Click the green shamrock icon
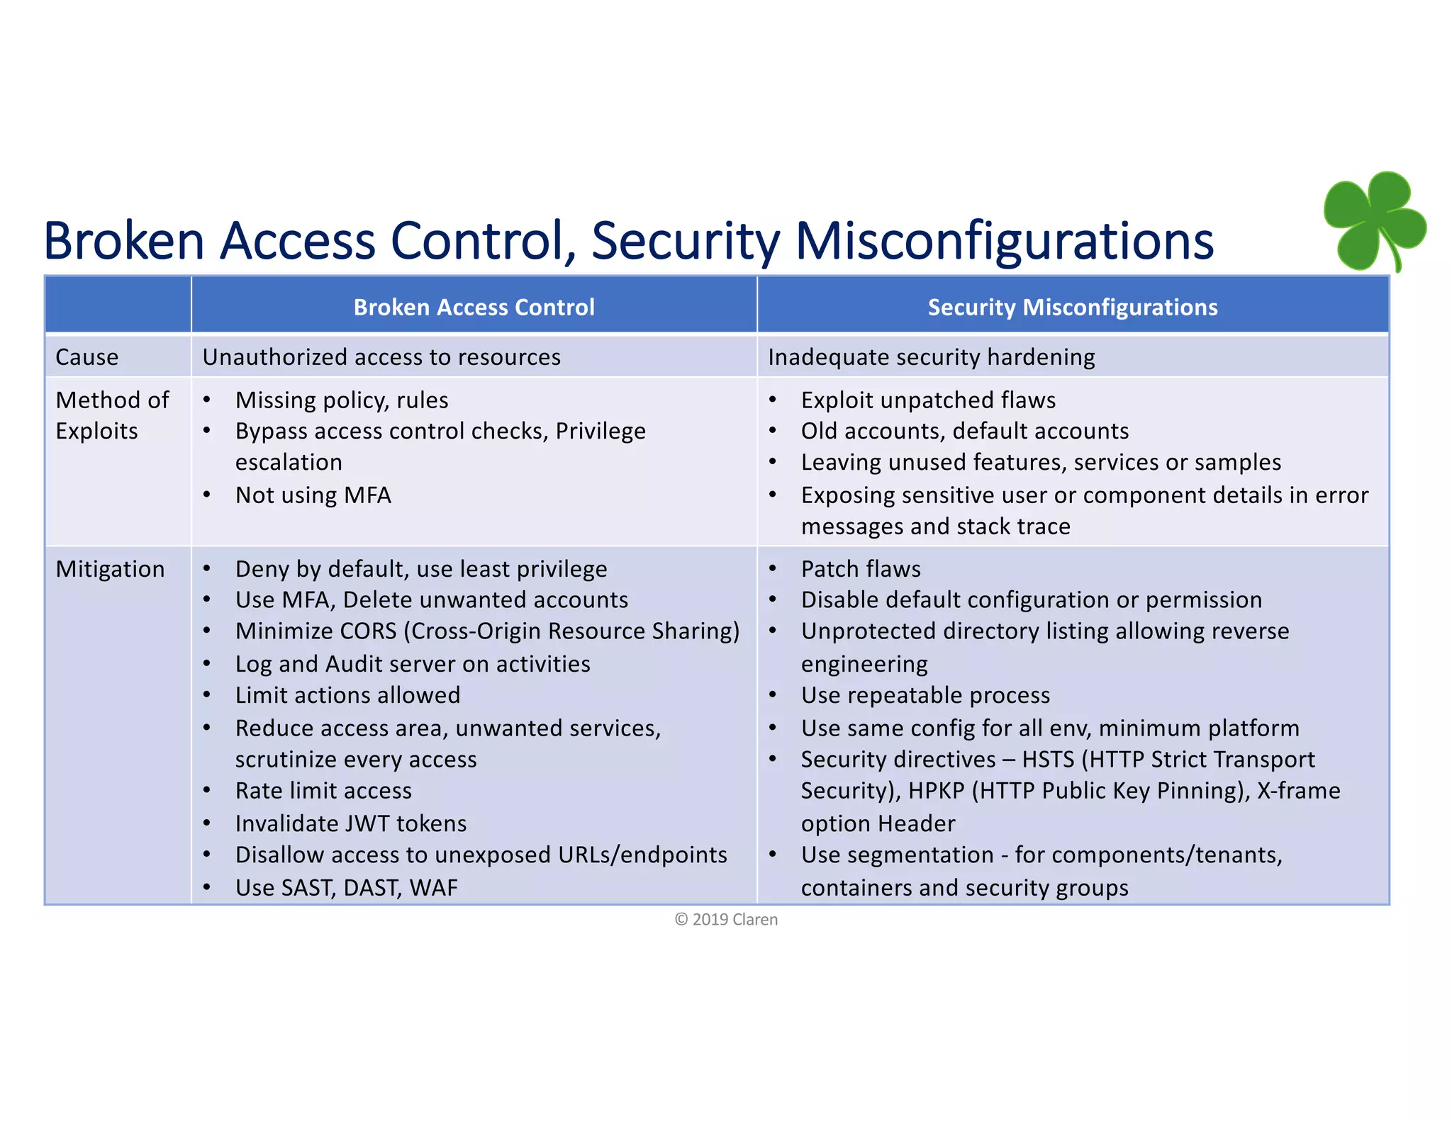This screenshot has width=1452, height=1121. tap(1374, 220)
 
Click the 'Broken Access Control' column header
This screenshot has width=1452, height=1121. tap(474, 307)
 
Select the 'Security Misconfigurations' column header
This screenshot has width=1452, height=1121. tap(1072, 307)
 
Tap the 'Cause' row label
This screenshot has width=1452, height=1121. tap(86, 357)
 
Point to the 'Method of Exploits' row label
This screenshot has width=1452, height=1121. tap(112, 415)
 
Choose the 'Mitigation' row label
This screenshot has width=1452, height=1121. tap(110, 569)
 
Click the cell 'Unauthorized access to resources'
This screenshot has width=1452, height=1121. tap(381, 357)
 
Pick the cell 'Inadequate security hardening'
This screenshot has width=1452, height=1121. tap(931, 357)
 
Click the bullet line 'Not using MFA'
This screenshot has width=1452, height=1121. tap(313, 495)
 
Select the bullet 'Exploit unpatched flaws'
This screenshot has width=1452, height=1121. tap(928, 400)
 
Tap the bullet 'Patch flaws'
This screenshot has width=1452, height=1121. tap(861, 569)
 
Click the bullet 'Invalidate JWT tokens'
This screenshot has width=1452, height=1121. tap(351, 823)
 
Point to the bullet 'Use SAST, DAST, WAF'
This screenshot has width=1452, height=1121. tap(346, 887)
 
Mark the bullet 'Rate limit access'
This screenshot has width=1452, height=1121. tap(323, 791)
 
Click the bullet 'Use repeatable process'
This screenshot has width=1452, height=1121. tap(925, 695)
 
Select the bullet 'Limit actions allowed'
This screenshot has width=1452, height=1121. tap(347, 695)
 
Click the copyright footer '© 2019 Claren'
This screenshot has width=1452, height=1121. tap(726, 920)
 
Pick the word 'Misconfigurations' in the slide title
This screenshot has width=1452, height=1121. tap(1004, 241)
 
